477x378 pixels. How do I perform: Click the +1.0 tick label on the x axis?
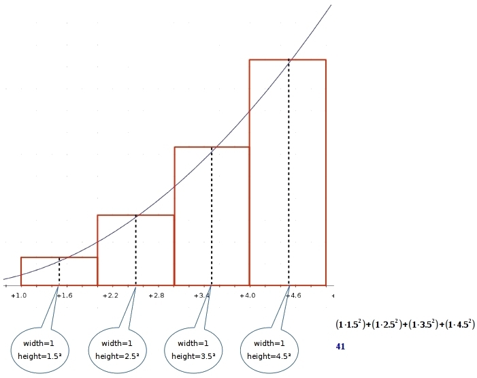click(18, 296)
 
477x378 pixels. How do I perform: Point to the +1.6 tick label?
click(65, 296)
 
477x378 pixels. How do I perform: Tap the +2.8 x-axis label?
click(156, 296)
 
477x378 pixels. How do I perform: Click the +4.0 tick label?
click(247, 296)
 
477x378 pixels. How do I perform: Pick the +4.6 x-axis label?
click(293, 296)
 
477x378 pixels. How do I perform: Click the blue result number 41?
click(341, 347)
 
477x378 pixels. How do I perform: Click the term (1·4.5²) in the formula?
click(457, 326)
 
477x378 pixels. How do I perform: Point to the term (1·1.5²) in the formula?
click(350, 326)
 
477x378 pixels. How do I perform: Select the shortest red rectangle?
click(59, 271)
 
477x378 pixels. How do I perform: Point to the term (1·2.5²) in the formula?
click(386, 326)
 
